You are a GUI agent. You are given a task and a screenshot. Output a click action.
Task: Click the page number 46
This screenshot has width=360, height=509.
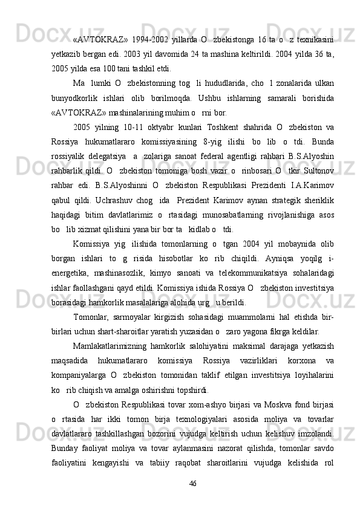(x=194, y=500)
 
